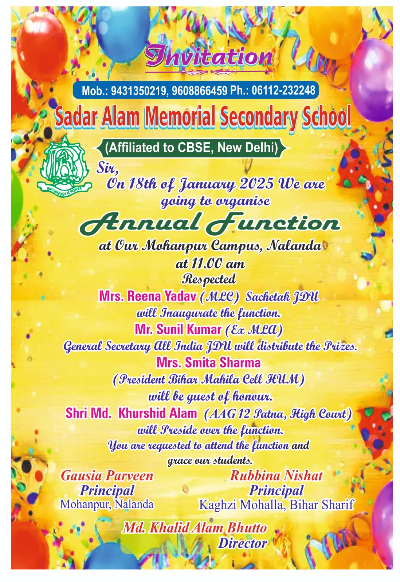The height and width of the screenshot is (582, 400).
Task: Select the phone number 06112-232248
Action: [x=283, y=90]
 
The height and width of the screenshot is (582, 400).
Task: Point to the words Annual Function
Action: [x=209, y=223]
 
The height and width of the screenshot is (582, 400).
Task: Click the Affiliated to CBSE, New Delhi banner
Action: [x=192, y=148]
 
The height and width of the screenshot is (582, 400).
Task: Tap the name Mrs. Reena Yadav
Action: [x=148, y=296]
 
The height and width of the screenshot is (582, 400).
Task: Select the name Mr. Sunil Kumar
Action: [x=178, y=330]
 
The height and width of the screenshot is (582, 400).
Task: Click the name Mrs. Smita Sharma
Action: [x=208, y=363]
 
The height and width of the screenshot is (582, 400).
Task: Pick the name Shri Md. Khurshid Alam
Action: [x=131, y=413]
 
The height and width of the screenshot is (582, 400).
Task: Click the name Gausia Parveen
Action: [x=107, y=476]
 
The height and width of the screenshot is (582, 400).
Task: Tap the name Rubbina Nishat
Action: [x=276, y=476]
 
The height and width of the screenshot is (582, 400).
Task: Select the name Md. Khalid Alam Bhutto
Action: [x=195, y=528]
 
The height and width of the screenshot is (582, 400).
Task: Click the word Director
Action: [x=242, y=543]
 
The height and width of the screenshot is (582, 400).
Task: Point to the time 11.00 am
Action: [x=210, y=264]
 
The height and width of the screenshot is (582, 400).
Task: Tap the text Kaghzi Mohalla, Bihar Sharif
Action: [x=276, y=505]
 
